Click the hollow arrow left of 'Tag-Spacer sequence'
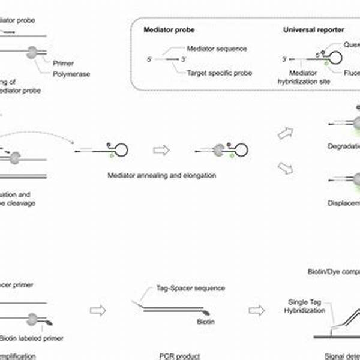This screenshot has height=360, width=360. pyautogui.click(x=98, y=311)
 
